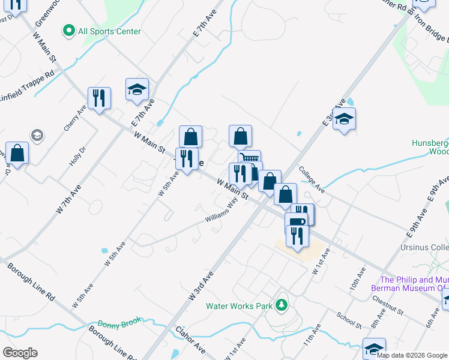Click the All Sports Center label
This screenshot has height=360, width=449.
point(109,31)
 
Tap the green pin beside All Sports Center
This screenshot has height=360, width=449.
point(68,30)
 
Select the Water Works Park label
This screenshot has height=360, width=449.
point(240,305)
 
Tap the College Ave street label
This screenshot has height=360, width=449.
point(312,180)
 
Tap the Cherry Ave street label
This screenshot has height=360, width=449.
point(74,119)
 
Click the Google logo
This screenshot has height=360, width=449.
point(20,353)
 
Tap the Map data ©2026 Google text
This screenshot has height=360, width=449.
point(412,355)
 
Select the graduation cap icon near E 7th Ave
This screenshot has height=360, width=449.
point(137,89)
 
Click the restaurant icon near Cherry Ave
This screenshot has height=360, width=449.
point(99,98)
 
